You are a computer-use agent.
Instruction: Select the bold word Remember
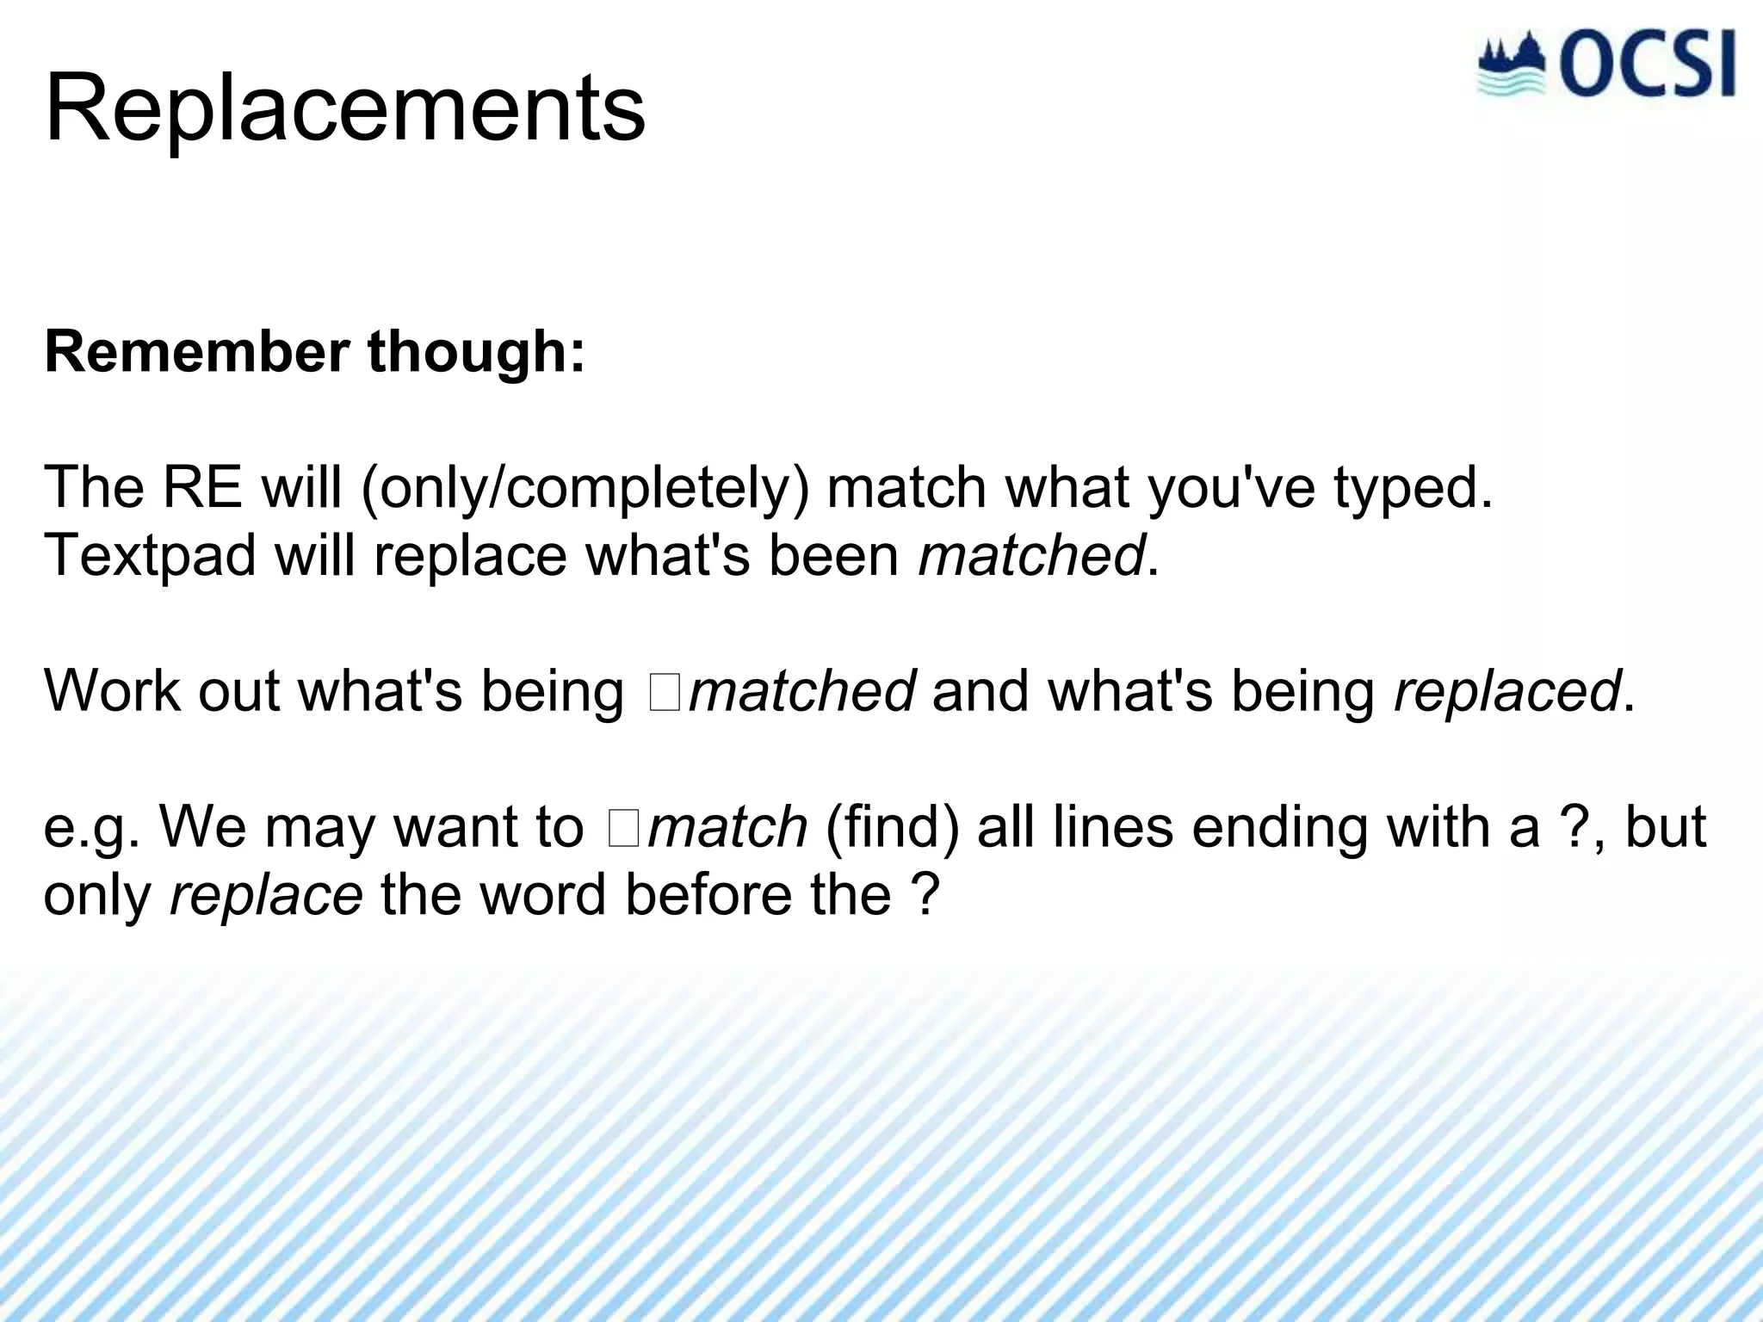[197, 352]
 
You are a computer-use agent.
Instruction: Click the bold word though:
[476, 352]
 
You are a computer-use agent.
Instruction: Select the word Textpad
[150, 556]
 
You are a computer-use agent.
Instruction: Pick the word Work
[111, 690]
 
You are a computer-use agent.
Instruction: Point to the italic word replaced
[1506, 692]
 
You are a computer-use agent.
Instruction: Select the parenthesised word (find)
[891, 827]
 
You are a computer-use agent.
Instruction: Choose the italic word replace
[266, 896]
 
